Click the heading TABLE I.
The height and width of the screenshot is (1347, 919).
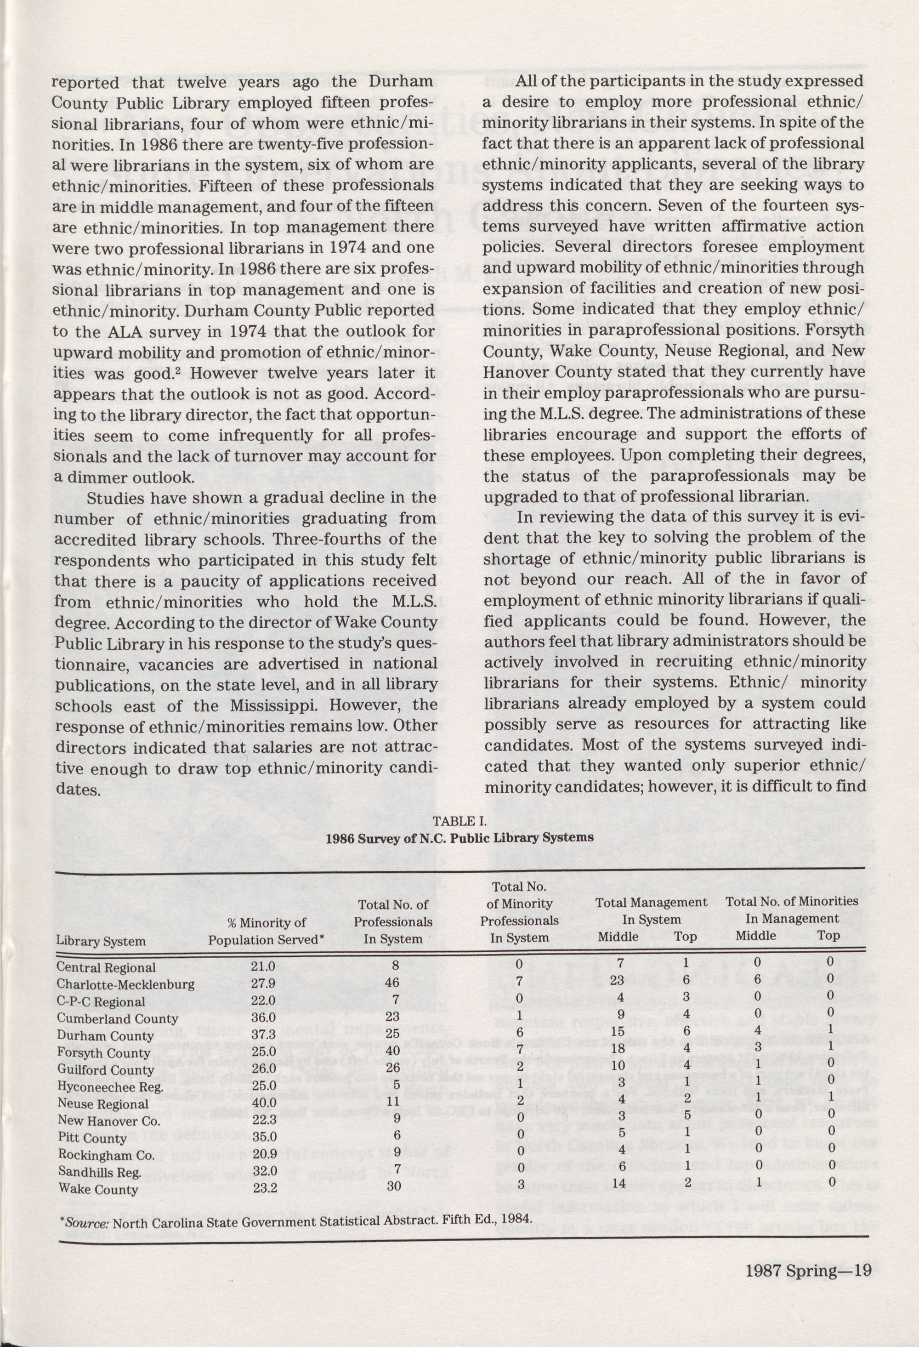tap(459, 821)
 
